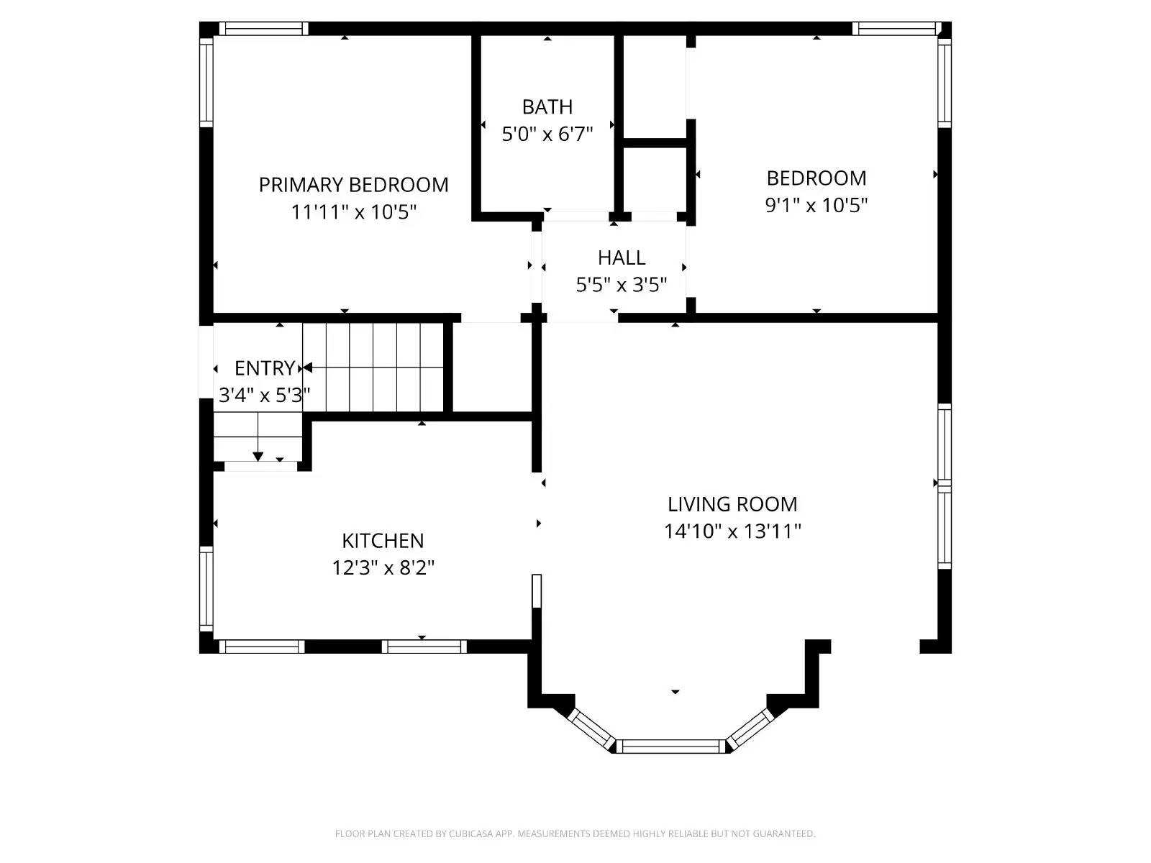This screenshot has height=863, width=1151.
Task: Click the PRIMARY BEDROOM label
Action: (353, 185)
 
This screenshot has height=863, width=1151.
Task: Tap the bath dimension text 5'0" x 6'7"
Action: (547, 134)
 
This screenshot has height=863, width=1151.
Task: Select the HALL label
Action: (621, 257)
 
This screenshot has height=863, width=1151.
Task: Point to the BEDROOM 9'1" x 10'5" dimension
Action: (816, 205)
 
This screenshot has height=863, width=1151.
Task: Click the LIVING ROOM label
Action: (732, 504)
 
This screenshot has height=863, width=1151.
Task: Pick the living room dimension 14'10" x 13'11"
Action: (732, 531)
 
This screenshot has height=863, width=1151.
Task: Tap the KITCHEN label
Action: (383, 541)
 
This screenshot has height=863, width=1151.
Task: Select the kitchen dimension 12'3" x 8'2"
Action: (383, 568)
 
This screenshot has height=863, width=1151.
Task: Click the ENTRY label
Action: (264, 368)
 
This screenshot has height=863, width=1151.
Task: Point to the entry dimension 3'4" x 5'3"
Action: (264, 395)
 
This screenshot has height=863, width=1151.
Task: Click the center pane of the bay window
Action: (670, 746)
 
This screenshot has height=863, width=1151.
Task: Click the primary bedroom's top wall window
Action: (263, 29)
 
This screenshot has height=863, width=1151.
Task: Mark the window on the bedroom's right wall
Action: (945, 82)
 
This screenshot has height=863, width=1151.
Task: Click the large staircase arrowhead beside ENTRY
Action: (308, 367)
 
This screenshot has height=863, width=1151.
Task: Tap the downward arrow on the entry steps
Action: (258, 457)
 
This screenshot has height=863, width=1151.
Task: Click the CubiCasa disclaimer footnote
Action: (575, 834)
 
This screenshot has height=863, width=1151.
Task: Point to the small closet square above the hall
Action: (653, 179)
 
